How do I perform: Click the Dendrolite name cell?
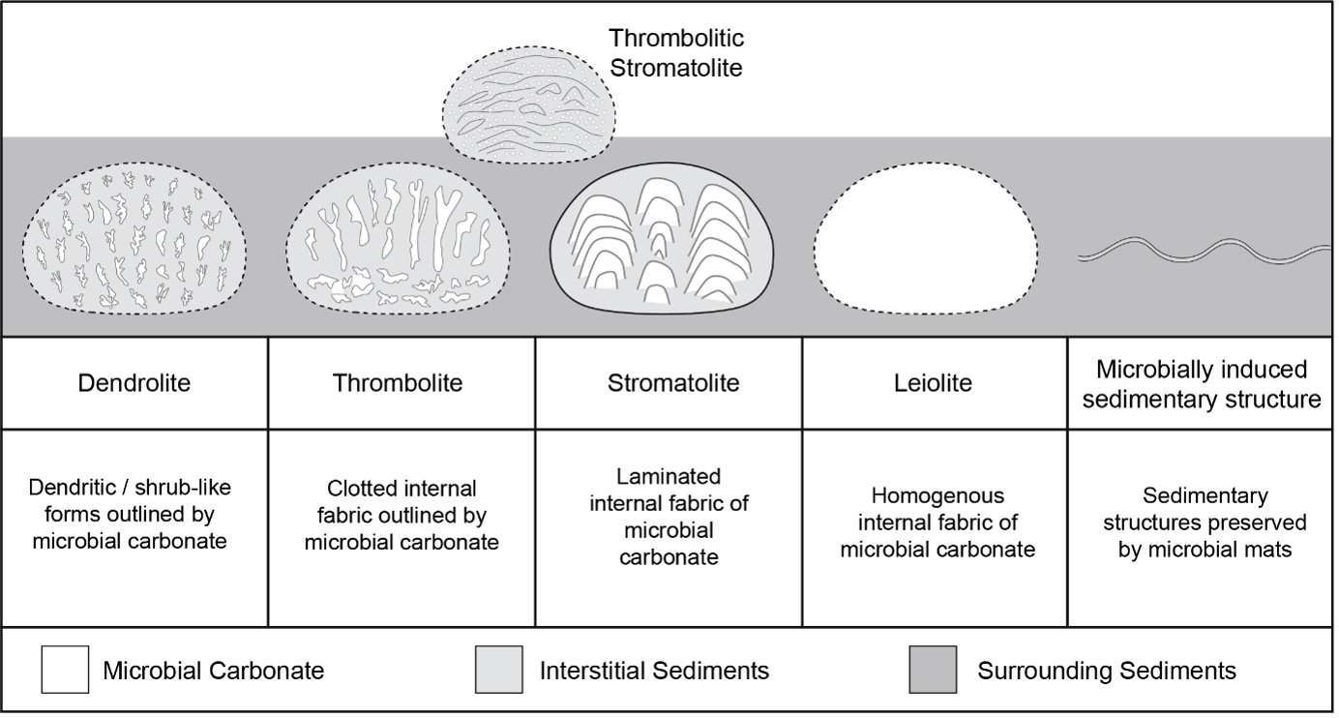pos(134,382)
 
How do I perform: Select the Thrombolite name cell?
pos(398,382)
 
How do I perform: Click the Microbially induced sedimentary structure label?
pos(1202,384)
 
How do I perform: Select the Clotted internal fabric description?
pos(402,515)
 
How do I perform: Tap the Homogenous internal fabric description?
pos(937,523)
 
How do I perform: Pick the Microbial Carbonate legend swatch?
pos(66,671)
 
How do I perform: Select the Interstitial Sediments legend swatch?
pos(499,671)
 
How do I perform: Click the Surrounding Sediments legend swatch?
pos(933,671)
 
